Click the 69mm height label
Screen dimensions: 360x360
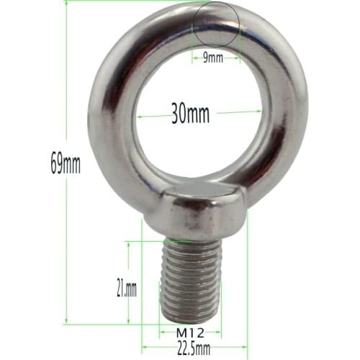[65, 163]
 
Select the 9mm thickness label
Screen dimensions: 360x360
[213, 57]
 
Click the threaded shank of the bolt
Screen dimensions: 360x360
[191, 277]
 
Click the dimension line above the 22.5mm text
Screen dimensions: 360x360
[194, 340]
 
